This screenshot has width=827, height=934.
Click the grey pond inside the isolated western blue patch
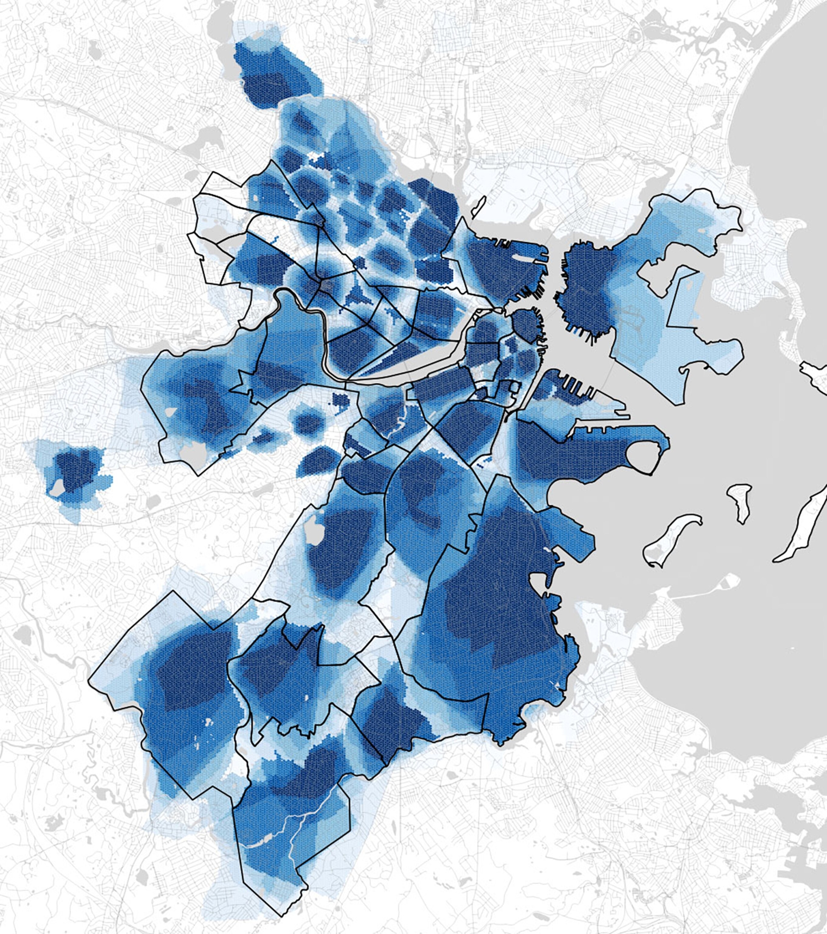click(57, 488)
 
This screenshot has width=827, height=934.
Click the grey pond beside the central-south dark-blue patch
click(314, 533)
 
